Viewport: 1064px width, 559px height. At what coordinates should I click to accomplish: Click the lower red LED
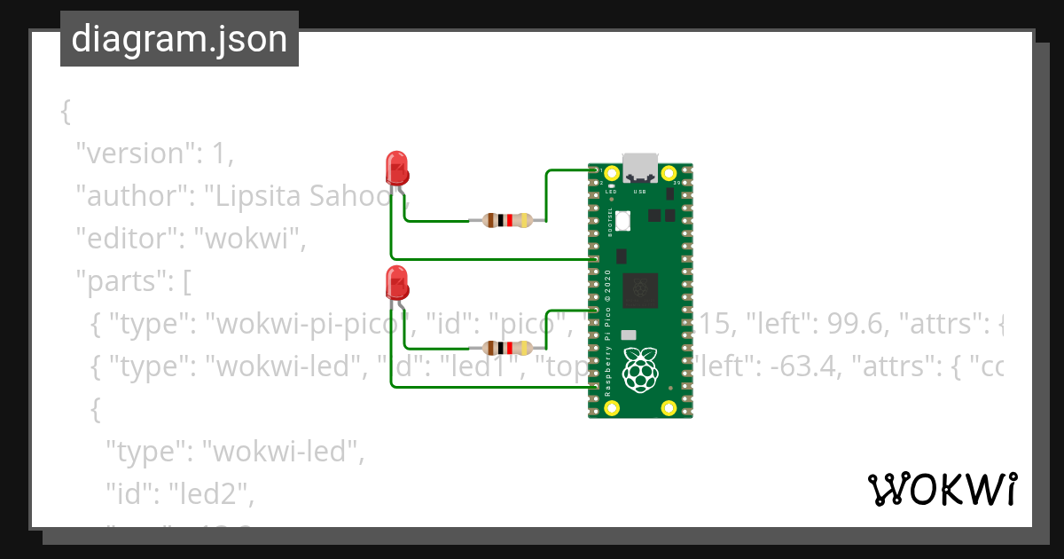pos(396,284)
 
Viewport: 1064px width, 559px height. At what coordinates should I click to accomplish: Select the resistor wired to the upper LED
pos(506,220)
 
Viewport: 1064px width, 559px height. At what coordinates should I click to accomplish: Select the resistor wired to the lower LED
pos(506,348)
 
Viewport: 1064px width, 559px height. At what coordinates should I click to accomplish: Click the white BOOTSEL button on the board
pos(622,219)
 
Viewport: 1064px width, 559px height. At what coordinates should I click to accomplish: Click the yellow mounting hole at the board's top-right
pos(669,173)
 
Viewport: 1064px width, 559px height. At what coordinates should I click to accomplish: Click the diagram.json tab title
pos(179,39)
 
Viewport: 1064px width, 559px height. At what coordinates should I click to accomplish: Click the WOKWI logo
pos(942,489)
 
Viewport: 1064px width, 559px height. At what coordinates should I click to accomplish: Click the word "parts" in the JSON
pos(124,281)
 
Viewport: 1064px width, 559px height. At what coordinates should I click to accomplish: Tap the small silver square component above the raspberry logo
pos(629,335)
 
